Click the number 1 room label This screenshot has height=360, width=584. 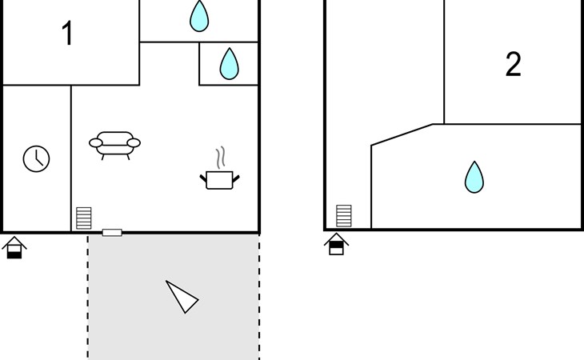tap(68, 34)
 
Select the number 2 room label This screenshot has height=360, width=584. tap(513, 65)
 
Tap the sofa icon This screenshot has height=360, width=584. tap(114, 143)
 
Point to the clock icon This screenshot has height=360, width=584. tap(36, 158)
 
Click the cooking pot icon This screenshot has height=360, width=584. tap(219, 179)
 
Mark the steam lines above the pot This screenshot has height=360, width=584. tap(219, 154)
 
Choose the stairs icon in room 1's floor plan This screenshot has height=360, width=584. tap(84, 218)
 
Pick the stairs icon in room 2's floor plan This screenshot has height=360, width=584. tap(344, 216)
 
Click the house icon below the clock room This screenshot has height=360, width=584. tap(14, 248)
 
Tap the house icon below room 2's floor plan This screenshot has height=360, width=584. tap(336, 244)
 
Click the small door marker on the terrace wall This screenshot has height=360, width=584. tap(112, 232)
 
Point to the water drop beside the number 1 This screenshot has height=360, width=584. tap(199, 16)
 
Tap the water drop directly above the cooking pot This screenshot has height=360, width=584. tap(230, 64)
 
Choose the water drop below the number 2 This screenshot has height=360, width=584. tap(474, 178)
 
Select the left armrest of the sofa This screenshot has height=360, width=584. tap(95, 143)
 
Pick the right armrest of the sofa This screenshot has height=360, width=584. tap(134, 143)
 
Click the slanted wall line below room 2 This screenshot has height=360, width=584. tap(402, 134)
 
